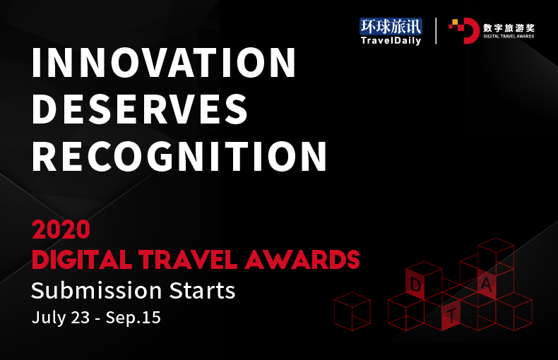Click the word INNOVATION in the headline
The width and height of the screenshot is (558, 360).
pos(164,63)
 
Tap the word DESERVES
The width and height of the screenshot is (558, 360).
pos(140,109)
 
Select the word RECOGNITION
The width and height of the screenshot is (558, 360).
pos(179,156)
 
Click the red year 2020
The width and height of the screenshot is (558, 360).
pos(61,229)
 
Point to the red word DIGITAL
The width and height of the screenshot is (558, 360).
pos(82,259)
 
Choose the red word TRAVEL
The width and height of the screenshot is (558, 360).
pos(188,259)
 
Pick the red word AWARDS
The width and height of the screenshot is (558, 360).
pos(302,259)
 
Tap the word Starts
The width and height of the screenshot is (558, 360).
pos(202,291)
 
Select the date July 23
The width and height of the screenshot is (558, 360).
pos(61,318)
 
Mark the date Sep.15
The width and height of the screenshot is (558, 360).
pos(133,318)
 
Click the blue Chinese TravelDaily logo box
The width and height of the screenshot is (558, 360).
pos(391,26)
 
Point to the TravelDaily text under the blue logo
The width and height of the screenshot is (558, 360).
pos(391,40)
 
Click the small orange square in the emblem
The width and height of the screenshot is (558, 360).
pos(454,22)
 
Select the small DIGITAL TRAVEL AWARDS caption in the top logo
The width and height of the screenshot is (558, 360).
pos(509,36)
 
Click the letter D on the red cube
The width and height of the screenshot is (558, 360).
pos(415,284)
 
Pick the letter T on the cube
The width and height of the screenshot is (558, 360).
pos(451,316)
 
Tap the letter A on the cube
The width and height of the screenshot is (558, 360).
pos(487,284)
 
